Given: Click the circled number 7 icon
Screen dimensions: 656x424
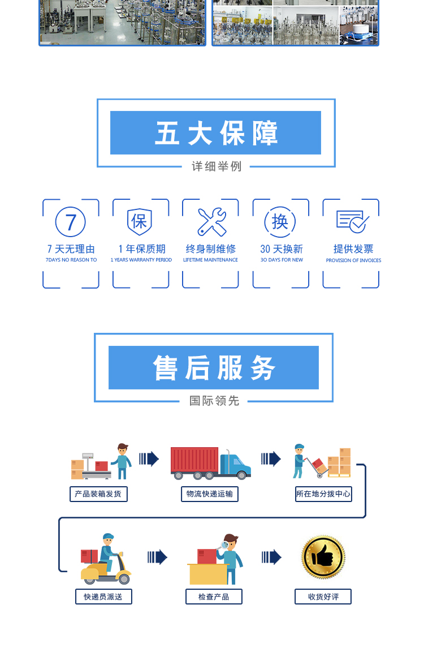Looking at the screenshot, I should click(71, 222).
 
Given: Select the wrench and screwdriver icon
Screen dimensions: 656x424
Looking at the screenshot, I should click(211, 222).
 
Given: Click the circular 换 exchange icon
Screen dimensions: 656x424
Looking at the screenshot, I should click(280, 222).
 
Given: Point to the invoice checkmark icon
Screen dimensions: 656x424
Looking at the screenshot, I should click(352, 221).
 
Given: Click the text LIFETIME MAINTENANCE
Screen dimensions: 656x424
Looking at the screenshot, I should click(210, 260).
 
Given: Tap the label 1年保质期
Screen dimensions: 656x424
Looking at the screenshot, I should click(141, 249).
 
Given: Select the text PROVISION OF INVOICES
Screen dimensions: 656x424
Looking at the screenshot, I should click(353, 261).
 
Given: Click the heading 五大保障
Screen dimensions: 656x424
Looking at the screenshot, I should click(216, 134).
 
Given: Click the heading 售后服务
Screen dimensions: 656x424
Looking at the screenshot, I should click(214, 368).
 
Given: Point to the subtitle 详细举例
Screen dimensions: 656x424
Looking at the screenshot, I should click(216, 167).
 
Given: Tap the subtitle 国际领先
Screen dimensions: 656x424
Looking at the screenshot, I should click(214, 401).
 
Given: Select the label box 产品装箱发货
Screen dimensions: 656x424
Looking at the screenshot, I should click(98, 494).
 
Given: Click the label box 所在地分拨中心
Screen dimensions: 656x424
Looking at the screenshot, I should click(323, 494).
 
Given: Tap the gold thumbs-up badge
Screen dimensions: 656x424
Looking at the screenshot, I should click(323, 557).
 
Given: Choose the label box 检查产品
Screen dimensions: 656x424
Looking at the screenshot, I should click(214, 597).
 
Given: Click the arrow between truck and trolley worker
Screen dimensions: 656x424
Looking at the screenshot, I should click(271, 459).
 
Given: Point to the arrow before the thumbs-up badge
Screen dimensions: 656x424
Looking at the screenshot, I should click(271, 558).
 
